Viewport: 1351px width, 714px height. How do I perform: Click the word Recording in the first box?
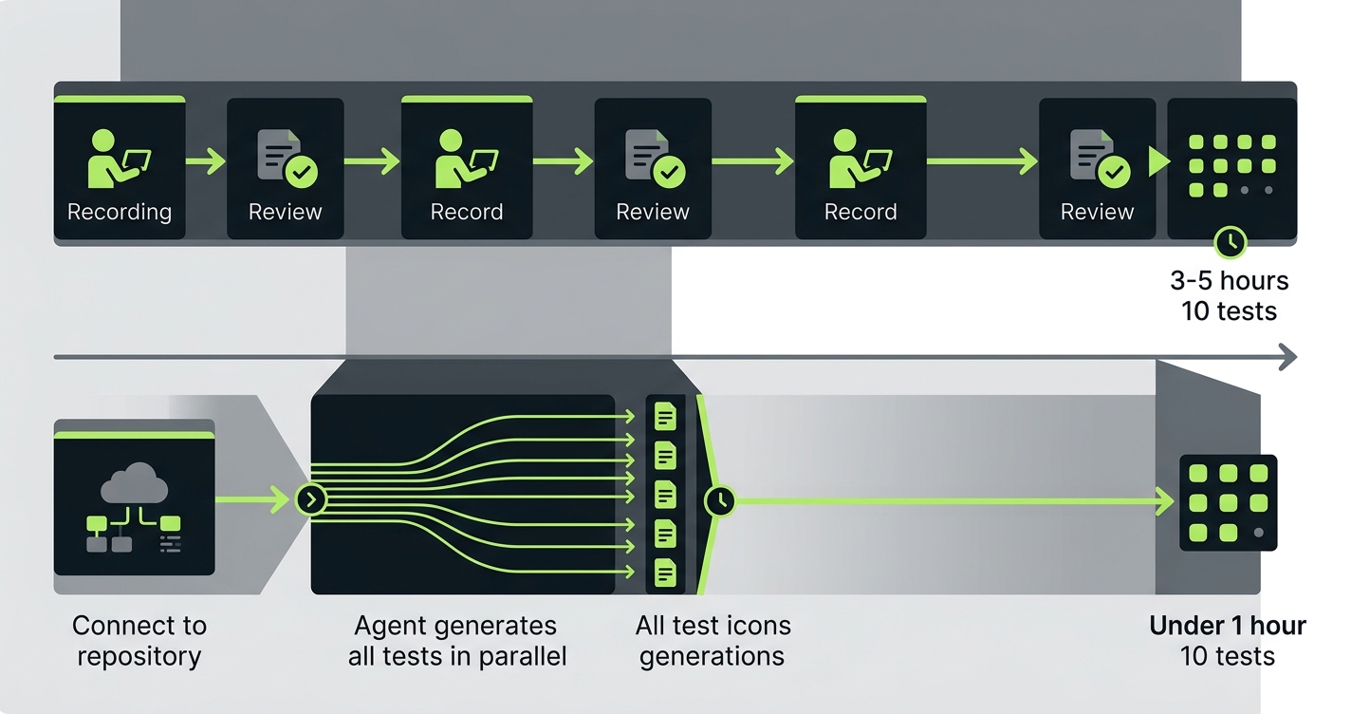pyautogui.click(x=120, y=212)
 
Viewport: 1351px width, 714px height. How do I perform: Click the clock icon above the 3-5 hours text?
pyautogui.click(x=1231, y=242)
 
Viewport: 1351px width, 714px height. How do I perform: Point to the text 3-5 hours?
pyautogui.click(x=1230, y=281)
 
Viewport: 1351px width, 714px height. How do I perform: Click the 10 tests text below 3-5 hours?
pyautogui.click(x=1230, y=311)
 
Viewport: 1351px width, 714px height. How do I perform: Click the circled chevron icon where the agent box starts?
pyautogui.click(x=311, y=499)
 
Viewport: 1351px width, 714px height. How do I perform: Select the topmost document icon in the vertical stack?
pyautogui.click(x=666, y=416)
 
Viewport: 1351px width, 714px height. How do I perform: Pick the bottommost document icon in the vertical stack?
pyautogui.click(x=666, y=573)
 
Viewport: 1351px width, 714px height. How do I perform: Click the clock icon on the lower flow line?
pyautogui.click(x=719, y=500)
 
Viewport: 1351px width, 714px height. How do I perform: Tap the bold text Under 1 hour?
pyautogui.click(x=1227, y=626)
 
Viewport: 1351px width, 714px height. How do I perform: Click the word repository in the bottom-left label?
pyautogui.click(x=139, y=656)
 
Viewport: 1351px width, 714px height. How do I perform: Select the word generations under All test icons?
pyautogui.click(x=712, y=656)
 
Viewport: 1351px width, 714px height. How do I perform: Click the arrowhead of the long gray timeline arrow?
pyautogui.click(x=1286, y=357)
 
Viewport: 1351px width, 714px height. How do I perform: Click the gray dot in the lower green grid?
pyautogui.click(x=1258, y=533)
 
